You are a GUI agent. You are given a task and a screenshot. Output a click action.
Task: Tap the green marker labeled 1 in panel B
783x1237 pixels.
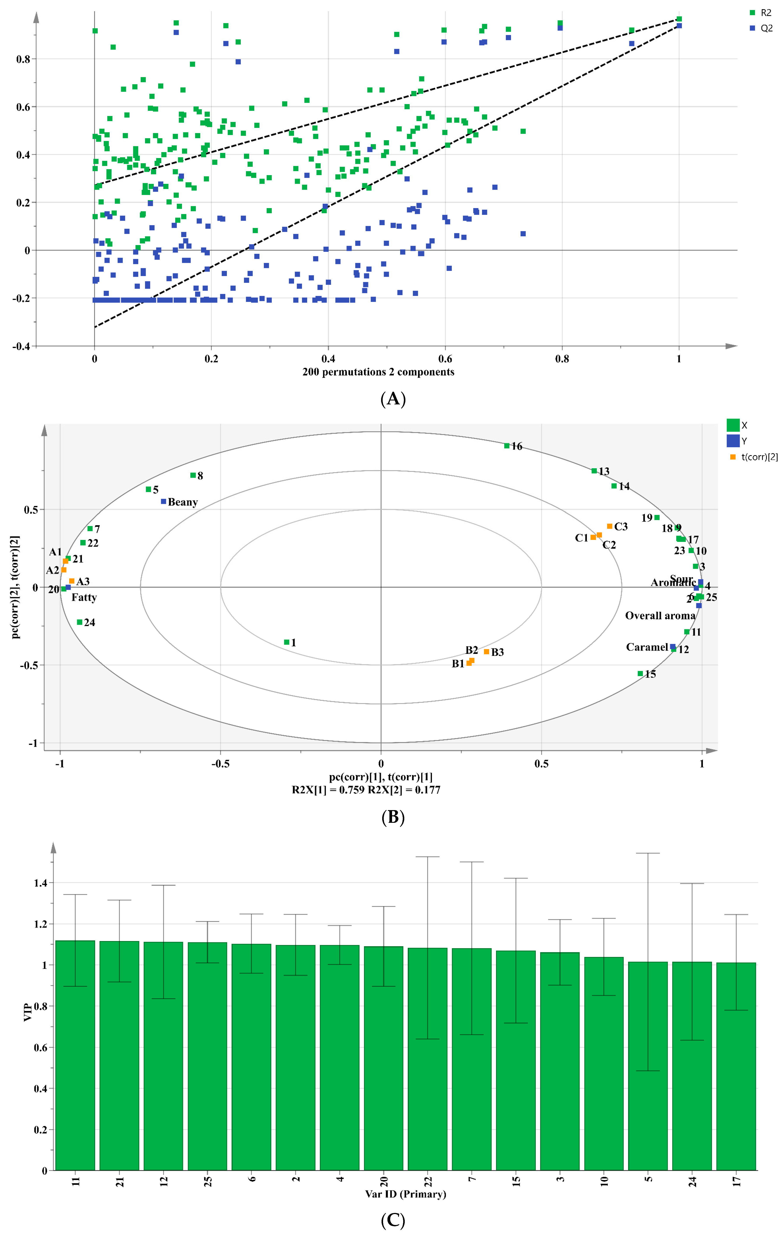287,642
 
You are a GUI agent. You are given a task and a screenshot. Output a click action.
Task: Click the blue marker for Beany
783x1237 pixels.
163,501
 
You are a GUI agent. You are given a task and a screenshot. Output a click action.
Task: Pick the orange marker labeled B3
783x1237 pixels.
486,651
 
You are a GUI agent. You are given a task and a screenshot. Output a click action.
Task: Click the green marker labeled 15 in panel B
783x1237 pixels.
640,673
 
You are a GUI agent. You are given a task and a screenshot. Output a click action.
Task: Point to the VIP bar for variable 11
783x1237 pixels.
75,1053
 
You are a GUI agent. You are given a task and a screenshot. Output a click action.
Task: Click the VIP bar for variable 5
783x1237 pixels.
648,1063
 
